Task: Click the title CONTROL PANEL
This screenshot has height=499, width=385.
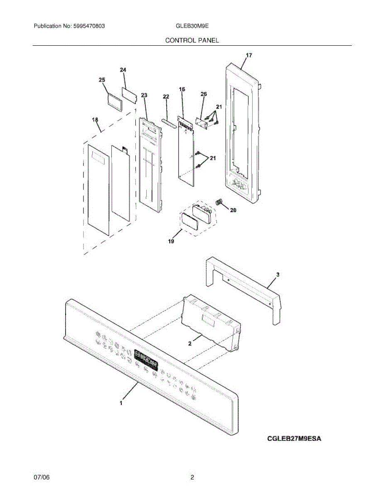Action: point(192,40)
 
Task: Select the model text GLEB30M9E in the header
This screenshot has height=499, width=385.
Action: point(192,26)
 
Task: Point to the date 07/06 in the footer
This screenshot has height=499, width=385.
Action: point(42,478)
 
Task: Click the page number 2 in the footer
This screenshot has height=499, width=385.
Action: point(192,478)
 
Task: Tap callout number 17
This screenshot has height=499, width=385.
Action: point(249,55)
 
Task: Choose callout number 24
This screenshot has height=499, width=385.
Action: point(123,70)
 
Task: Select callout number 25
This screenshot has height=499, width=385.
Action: point(102,80)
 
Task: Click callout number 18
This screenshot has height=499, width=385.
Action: point(95,120)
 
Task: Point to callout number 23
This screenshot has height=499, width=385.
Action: point(144,95)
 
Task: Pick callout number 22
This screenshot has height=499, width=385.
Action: point(166,96)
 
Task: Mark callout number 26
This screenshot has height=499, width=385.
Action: point(204,94)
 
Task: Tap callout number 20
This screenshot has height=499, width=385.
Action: point(233,210)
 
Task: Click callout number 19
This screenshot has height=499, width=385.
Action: point(171,241)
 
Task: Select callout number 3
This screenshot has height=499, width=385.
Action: point(278,274)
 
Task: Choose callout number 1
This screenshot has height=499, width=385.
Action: point(121,403)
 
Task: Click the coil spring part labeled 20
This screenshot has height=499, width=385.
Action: point(219,203)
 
